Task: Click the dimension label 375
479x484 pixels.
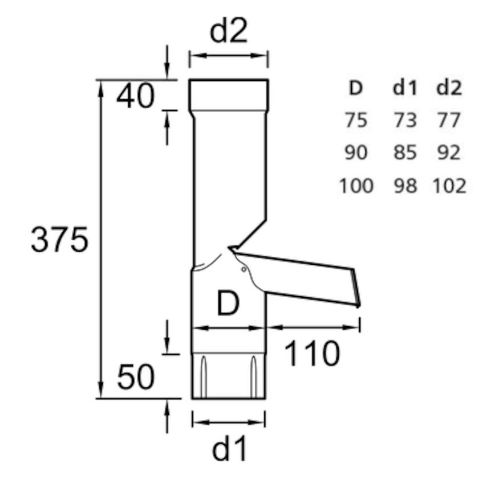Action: coord(59,241)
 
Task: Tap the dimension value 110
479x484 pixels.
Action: coord(311,354)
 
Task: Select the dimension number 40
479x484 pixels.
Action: coord(135,97)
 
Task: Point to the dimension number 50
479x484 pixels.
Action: coord(136,378)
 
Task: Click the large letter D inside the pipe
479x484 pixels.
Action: coord(228,304)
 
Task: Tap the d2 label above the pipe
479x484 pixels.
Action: coord(229,32)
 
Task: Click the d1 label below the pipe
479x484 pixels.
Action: coord(230,450)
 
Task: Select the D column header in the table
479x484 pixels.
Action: coord(356,88)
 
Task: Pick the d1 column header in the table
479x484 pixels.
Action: coord(405,88)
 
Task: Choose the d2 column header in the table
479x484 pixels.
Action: coord(449,88)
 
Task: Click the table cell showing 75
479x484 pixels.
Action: coord(356,121)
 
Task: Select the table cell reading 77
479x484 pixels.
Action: coord(449,121)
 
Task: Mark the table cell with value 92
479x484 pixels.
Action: coord(449,153)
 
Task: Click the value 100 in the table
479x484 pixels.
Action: coord(356,186)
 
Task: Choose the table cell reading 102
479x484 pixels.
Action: coord(449,186)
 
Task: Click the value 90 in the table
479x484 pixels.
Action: coord(356,153)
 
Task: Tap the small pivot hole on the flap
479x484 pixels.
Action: coord(243,269)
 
